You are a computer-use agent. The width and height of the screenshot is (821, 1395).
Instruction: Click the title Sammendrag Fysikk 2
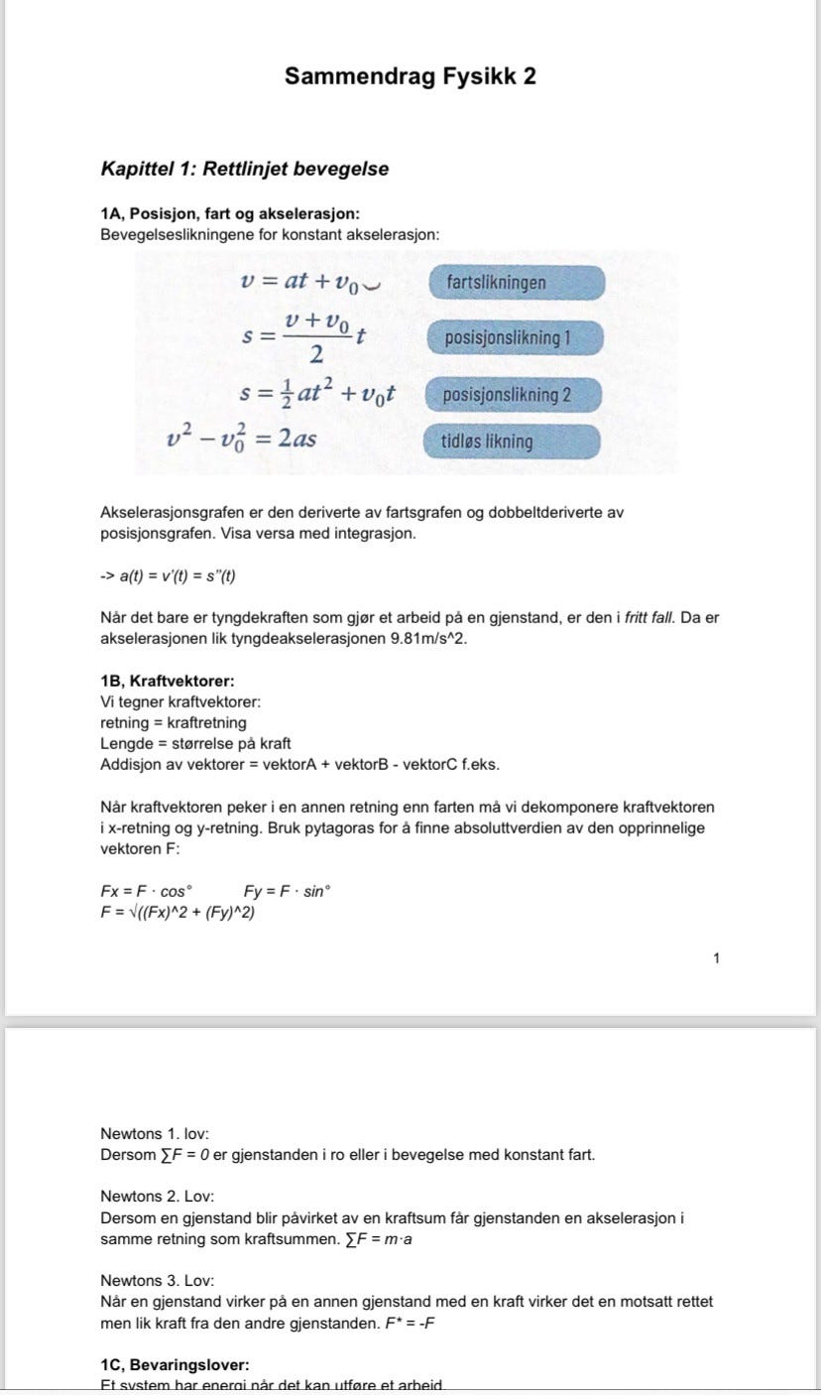point(410,76)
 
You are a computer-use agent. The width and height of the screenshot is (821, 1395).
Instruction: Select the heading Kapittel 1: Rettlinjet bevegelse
point(245,169)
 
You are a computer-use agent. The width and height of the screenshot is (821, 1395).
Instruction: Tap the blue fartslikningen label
point(516,283)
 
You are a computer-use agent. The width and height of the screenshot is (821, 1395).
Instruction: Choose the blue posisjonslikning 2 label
point(514,395)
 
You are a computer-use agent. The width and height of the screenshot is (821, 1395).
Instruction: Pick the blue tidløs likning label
point(514,443)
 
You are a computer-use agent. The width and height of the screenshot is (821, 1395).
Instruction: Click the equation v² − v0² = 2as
point(242,438)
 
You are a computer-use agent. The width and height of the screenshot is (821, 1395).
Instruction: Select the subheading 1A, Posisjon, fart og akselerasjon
point(230,214)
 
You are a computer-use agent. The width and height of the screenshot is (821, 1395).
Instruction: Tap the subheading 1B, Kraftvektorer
point(168,682)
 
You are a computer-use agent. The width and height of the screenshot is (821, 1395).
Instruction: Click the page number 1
point(717,958)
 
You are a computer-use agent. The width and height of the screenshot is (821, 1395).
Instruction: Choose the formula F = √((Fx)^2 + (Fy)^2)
point(177,911)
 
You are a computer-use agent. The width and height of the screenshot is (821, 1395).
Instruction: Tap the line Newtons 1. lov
point(155,1133)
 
